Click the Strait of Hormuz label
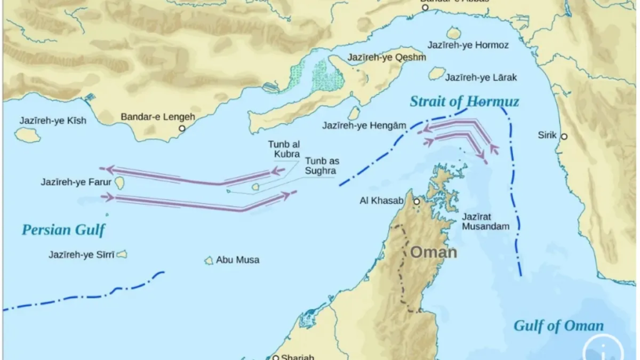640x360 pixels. [464, 101]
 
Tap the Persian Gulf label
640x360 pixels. [63, 230]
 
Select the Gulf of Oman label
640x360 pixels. [558, 326]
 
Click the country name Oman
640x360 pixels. [433, 252]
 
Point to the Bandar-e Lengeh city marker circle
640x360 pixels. [182, 128]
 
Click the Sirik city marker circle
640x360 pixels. [564, 136]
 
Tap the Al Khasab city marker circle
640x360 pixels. [416, 201]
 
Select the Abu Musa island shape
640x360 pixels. [209, 260]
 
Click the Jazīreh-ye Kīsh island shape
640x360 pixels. [27, 135]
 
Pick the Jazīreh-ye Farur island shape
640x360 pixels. [119, 182]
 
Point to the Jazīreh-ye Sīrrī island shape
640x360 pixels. [122, 254]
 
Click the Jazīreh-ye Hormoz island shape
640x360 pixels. [454, 33]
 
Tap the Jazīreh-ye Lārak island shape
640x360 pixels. [437, 74]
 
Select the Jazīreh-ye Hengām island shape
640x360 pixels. [354, 113]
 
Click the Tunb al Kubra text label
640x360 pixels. [284, 149]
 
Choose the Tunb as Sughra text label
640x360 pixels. [320, 166]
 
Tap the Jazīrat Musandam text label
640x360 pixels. [486, 221]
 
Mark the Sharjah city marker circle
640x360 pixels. [276, 357]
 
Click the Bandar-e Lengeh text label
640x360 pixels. [157, 117]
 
